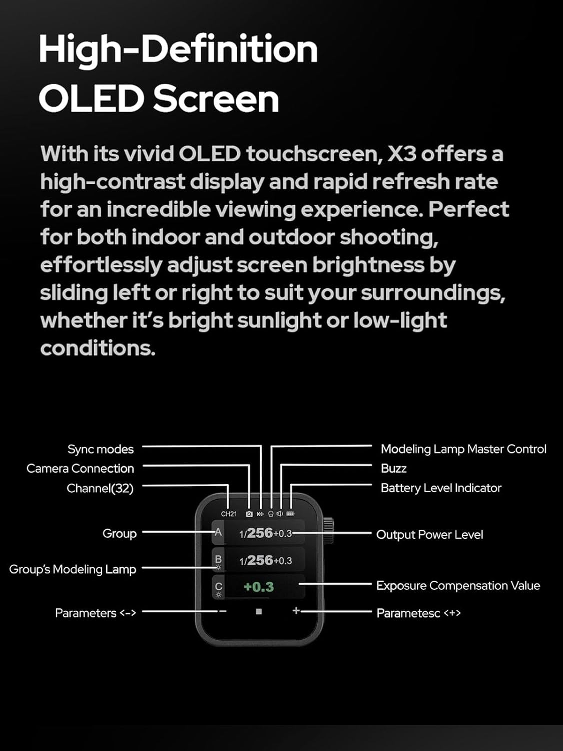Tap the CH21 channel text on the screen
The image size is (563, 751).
point(229,514)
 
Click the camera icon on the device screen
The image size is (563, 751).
point(249,514)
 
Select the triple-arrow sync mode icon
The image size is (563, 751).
point(260,514)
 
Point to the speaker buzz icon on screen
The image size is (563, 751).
point(280,514)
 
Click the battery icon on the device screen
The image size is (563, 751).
point(290,514)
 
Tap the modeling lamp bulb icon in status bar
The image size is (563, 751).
point(271,514)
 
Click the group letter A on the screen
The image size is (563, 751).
point(218,532)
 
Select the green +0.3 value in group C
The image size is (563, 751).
point(259,587)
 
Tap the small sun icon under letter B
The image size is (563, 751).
point(218,568)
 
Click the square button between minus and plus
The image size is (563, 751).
point(259,611)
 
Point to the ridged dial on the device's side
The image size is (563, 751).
point(328,531)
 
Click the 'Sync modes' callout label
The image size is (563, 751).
point(101,449)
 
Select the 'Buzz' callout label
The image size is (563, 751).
point(394,468)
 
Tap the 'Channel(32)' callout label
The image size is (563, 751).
point(100,488)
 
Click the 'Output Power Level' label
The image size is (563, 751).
point(430,534)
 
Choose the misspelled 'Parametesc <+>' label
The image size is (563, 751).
point(419,613)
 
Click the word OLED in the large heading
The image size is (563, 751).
point(92,99)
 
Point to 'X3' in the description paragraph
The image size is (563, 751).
point(402,154)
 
